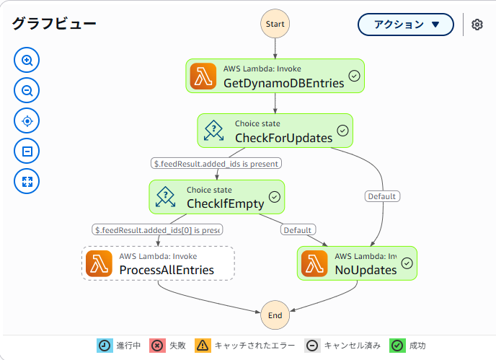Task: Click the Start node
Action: coord(275,24)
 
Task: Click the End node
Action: coord(275,315)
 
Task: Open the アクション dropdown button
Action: coord(406,25)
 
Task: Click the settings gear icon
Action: coord(477,25)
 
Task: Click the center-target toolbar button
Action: coord(27,120)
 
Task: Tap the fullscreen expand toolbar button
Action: coord(27,181)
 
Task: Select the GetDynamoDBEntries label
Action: coord(283,84)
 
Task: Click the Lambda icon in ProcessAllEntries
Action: coord(99,263)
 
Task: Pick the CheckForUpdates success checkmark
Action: coord(342,131)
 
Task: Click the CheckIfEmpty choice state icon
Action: coord(166,196)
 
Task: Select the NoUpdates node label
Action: coord(366,270)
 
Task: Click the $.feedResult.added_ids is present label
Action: coord(216,163)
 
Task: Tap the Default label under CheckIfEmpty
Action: coord(297,230)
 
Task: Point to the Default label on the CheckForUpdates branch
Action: coord(382,196)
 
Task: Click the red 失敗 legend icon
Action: coord(157,346)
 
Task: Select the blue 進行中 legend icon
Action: coord(105,346)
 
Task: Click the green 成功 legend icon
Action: coord(397,346)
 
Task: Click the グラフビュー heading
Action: coord(54,23)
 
